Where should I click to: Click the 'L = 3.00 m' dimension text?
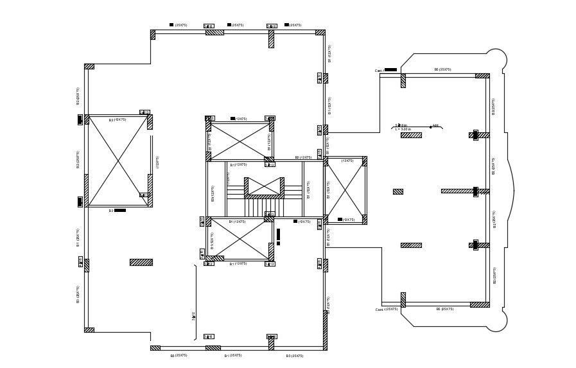coord(403,129)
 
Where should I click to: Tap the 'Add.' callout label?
coord(435,126)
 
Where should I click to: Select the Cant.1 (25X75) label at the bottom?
coord(386,310)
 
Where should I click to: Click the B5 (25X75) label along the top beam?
coord(442,69)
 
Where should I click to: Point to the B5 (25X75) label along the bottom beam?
coord(444,309)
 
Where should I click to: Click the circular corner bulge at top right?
coord(496,60)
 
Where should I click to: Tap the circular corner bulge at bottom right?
coord(496,320)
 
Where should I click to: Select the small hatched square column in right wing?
coord(397,191)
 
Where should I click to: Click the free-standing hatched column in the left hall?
coord(141,262)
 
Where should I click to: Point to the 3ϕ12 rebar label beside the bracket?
coord(193,315)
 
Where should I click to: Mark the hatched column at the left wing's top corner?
coord(89,66)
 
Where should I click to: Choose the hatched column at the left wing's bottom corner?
coord(89,330)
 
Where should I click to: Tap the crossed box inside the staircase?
coord(263,186)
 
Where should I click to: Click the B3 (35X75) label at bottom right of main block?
coord(295,355)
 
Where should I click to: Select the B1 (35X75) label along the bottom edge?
coord(233,355)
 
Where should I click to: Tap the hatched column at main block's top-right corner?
coord(320,32)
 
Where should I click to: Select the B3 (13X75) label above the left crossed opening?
coord(118,119)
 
